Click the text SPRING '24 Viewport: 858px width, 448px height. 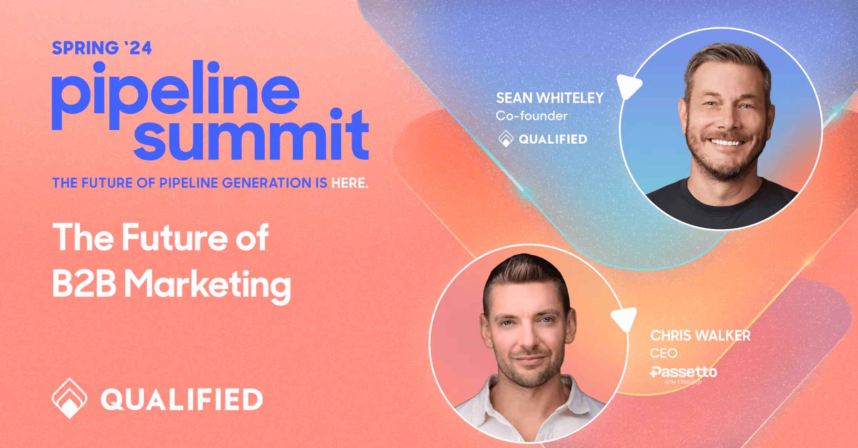tap(102, 48)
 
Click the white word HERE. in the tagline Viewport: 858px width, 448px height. tap(350, 183)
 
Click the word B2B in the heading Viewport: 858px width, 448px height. tap(84, 284)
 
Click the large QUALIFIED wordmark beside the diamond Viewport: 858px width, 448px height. tap(182, 399)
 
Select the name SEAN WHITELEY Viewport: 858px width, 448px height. tap(549, 98)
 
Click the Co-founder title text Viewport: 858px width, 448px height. tap(532, 116)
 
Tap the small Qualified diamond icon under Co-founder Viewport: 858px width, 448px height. tap(506, 139)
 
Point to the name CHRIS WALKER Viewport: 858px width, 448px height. tap(700, 336)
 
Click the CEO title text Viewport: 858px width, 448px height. tap(663, 353)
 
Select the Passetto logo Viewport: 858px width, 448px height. tap(683, 372)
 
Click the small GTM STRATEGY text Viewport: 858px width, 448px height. tap(683, 382)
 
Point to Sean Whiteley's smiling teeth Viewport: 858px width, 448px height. tap(726, 143)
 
